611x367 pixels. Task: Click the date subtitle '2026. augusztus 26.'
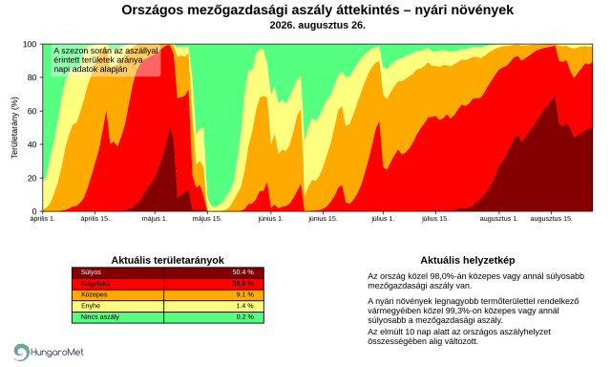317,26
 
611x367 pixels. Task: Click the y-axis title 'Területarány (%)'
14,127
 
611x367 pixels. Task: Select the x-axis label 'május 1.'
155,219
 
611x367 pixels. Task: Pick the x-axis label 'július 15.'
435,219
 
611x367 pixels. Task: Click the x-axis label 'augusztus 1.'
499,219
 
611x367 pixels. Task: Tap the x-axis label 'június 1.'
270,219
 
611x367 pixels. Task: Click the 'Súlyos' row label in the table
91,272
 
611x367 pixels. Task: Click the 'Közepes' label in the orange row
94,294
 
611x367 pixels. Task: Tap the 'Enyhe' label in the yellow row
91,306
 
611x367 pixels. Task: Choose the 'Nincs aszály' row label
99,316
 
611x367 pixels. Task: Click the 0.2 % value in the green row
244,316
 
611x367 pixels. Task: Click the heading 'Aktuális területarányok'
168,260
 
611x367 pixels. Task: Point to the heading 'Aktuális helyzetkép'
468,260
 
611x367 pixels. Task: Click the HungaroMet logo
49,352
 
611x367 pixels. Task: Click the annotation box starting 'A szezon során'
106,60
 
